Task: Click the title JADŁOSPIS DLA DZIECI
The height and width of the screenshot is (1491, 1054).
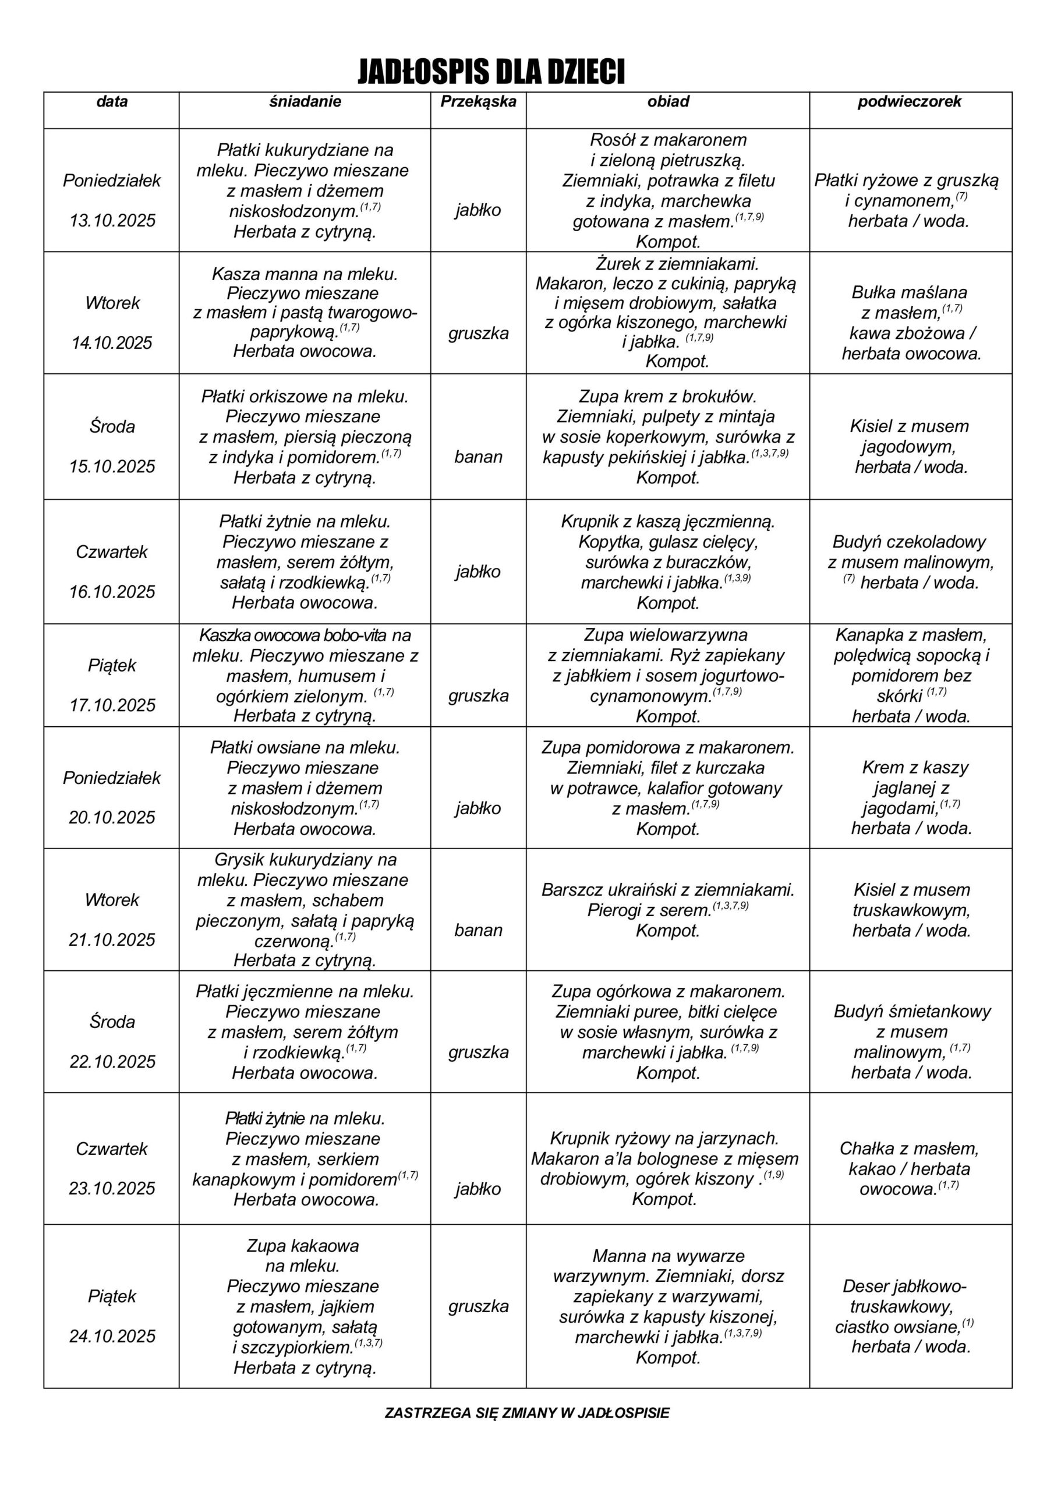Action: coord(491,72)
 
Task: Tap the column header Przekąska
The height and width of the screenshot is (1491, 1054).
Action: coord(478,101)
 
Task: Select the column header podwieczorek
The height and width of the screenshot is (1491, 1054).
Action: coord(909,101)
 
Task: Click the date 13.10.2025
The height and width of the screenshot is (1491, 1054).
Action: coord(112,220)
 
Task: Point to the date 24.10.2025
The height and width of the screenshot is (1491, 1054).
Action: coord(112,1336)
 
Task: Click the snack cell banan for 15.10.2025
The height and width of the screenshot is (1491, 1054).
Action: coord(478,457)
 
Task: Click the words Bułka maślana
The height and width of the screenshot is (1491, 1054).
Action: coord(909,292)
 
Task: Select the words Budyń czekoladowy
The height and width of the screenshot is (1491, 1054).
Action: coord(909,542)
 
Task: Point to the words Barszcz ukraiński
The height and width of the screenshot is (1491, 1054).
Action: coord(610,890)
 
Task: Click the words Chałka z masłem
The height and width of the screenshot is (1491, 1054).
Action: coord(909,1148)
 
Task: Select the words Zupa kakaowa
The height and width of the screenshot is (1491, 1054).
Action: coord(303,1246)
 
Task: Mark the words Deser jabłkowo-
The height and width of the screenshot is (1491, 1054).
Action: coord(904,1286)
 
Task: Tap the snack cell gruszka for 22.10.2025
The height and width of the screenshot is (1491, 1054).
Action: coord(478,1052)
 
